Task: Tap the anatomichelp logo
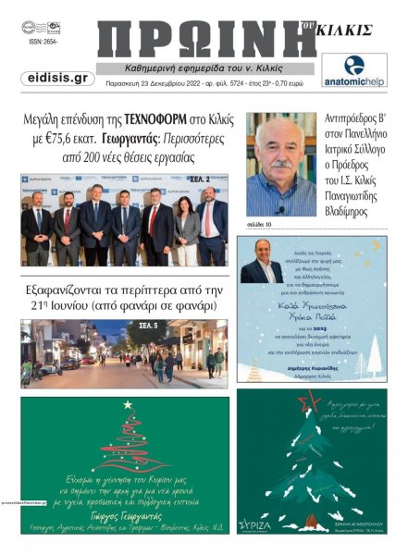(354, 69)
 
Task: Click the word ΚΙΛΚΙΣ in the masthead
(349, 30)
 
